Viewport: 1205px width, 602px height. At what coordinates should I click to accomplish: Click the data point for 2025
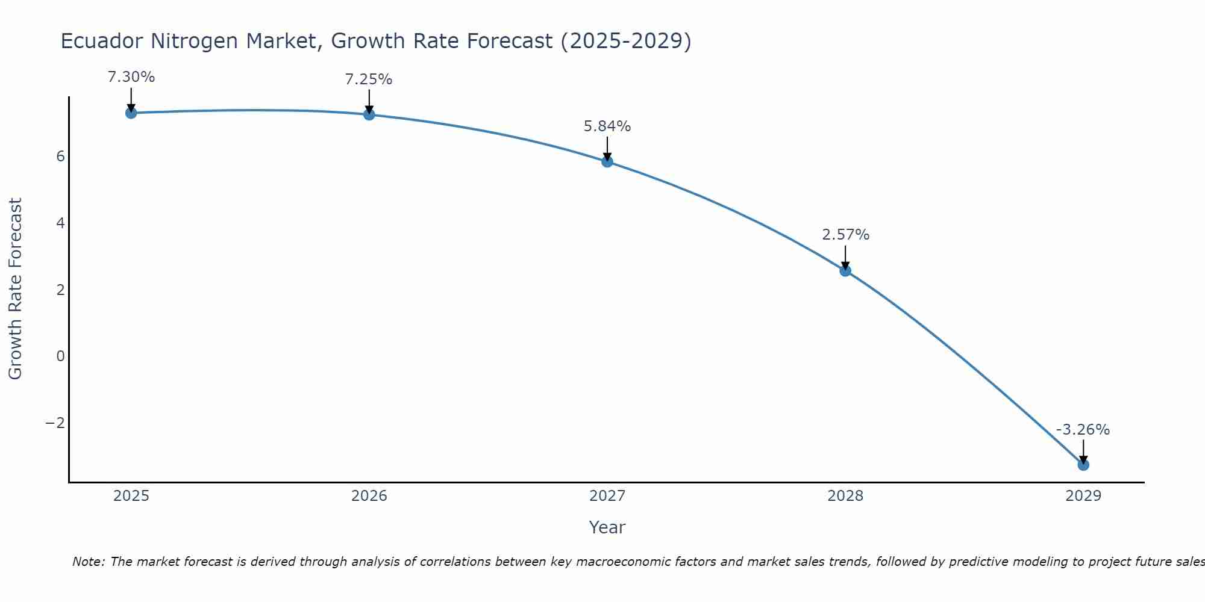131,113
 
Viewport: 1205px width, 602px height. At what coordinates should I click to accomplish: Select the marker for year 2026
369,114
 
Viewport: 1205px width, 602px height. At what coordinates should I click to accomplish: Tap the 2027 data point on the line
607,161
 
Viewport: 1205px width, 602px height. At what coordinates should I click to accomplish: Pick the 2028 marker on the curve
845,270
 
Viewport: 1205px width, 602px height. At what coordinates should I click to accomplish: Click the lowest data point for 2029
1083,465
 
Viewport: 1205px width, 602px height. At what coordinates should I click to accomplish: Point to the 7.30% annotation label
131,77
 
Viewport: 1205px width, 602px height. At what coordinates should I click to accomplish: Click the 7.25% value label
369,79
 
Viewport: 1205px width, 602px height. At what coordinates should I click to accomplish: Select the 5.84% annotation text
607,126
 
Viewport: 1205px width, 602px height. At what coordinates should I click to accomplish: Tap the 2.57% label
846,235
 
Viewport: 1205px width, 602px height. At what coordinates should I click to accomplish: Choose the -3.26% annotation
1083,430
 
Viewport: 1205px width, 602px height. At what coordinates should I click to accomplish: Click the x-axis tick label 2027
607,496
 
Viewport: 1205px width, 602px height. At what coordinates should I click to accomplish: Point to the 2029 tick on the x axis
1083,496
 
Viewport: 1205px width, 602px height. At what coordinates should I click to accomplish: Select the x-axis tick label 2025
131,496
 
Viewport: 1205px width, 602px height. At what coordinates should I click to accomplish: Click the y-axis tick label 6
60,157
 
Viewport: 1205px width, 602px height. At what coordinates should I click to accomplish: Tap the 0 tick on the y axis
60,356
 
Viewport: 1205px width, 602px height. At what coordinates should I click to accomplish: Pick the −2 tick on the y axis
55,423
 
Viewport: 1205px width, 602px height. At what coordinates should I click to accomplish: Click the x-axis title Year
607,527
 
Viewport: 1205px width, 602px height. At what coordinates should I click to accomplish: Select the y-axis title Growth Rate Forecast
15,289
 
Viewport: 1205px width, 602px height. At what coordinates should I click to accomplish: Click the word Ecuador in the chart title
102,41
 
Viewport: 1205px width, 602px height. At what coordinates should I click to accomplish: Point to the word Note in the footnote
89,562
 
